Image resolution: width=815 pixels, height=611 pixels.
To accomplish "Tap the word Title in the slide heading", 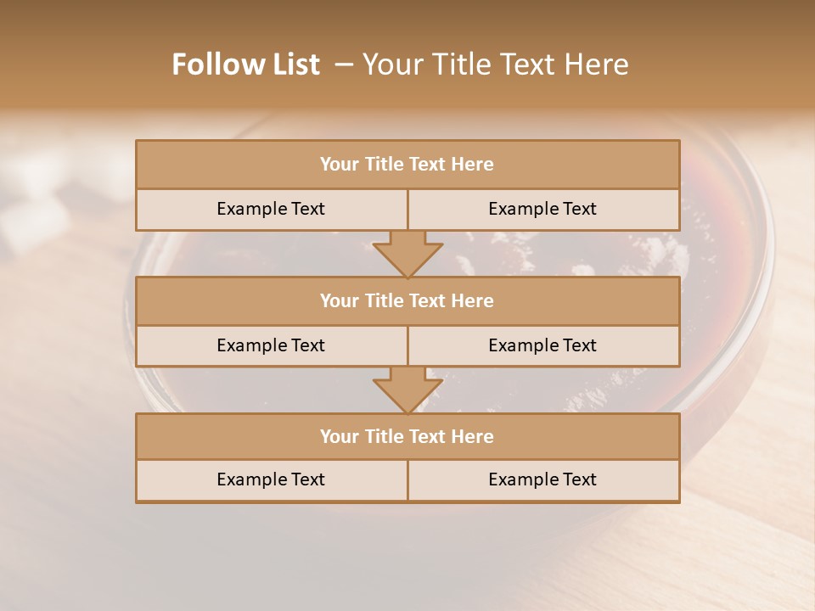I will tap(462, 64).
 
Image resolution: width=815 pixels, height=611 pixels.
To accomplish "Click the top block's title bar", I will tap(407, 165).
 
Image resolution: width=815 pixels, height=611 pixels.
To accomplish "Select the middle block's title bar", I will tap(407, 300).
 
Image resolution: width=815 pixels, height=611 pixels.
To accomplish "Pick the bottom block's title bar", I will tap(407, 436).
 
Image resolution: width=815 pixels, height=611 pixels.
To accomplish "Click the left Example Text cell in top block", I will tap(271, 209).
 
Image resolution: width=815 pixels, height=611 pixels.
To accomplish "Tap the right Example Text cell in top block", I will tap(542, 209).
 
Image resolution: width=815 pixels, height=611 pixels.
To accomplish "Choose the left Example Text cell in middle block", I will tap(271, 345).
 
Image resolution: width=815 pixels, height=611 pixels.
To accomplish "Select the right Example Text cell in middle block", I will tap(542, 345).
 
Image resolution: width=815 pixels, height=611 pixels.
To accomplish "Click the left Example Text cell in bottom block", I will tap(271, 479).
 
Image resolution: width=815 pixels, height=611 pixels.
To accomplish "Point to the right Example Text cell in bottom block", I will tap(542, 479).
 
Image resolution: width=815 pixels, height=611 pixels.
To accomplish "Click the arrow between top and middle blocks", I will tap(407, 253).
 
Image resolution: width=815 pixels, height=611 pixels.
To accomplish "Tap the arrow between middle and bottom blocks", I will tap(407, 390).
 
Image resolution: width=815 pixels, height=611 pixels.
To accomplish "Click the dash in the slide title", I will tap(344, 64).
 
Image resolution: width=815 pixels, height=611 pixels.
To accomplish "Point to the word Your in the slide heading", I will tap(393, 64).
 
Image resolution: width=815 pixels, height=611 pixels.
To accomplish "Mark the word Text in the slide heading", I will tap(528, 64).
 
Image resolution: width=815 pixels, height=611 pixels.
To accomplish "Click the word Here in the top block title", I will tap(472, 165).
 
